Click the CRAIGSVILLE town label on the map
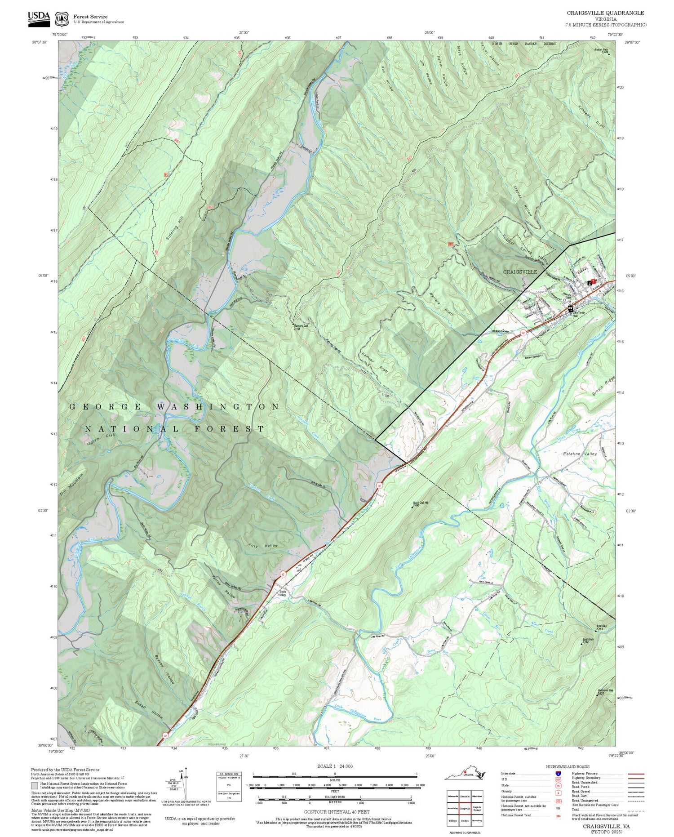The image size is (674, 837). click(x=520, y=272)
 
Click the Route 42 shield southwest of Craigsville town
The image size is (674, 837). click(x=523, y=333)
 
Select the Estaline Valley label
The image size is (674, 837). click(x=580, y=454)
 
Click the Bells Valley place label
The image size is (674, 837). click(x=283, y=593)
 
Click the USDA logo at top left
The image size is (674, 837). click(x=39, y=18)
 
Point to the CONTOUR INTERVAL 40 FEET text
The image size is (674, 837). click(x=337, y=812)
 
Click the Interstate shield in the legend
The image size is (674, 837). click(x=559, y=774)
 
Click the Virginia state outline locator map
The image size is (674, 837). click(x=466, y=773)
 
